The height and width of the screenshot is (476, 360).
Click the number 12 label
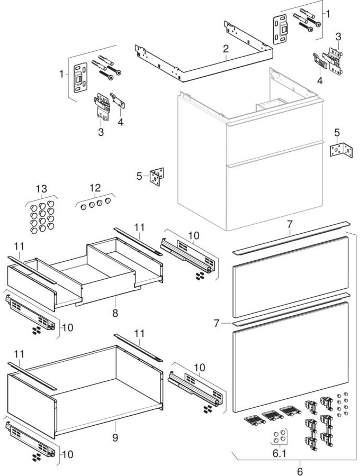point(95,188)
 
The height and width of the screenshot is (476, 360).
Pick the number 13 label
point(41,189)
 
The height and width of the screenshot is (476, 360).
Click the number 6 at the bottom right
point(300,471)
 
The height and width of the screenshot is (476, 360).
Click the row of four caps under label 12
point(94,204)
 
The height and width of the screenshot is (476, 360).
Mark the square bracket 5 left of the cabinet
point(157,177)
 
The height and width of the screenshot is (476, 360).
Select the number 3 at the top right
point(338,36)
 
